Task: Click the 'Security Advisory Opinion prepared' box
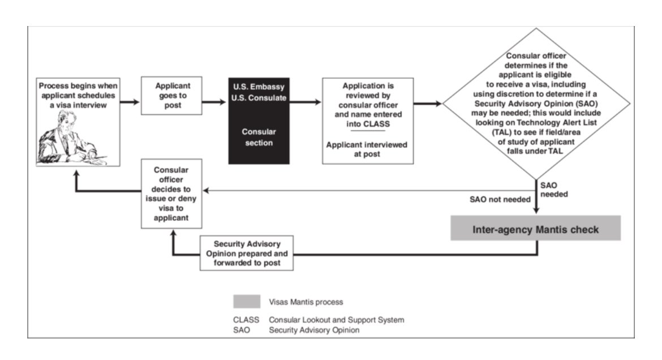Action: (x=247, y=252)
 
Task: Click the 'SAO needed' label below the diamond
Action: (x=553, y=190)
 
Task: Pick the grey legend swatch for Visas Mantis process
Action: (x=246, y=302)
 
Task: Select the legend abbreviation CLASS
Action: (x=246, y=320)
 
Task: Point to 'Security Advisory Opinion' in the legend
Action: (x=314, y=329)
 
